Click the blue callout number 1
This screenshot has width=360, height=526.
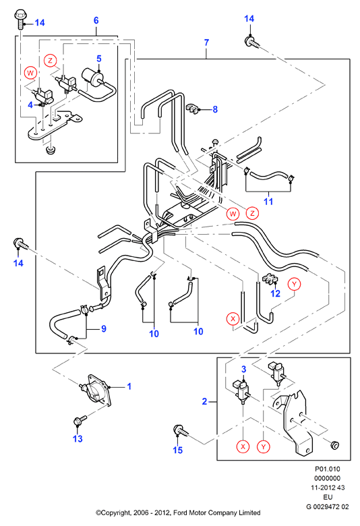pyautogui.click(x=129, y=386)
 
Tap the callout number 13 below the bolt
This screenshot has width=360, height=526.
pyautogui.click(x=78, y=438)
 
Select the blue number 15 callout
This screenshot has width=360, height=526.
pyautogui.click(x=178, y=450)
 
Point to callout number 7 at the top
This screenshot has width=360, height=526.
pyautogui.click(x=206, y=42)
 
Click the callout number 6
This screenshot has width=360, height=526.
pyautogui.click(x=96, y=20)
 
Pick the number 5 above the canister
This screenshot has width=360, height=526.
pyautogui.click(x=99, y=59)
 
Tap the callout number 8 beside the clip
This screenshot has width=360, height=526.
pyautogui.click(x=215, y=109)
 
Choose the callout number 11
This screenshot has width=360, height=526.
pyautogui.click(x=268, y=202)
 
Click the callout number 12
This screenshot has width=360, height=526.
pyautogui.click(x=276, y=293)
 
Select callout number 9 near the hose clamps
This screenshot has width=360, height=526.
pyautogui.click(x=104, y=329)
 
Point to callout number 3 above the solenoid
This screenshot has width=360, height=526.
pyautogui.click(x=244, y=369)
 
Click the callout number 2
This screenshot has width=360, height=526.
pyautogui.click(x=205, y=401)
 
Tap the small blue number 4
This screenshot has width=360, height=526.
pyautogui.click(x=30, y=105)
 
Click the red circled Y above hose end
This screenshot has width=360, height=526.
pyautogui.click(x=294, y=285)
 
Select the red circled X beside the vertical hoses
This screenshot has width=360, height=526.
pyautogui.click(x=233, y=319)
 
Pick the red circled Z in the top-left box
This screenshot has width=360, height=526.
pyautogui.click(x=51, y=61)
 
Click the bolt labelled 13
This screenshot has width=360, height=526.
pyautogui.click(x=80, y=419)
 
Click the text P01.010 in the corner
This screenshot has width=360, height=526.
pyautogui.click(x=328, y=469)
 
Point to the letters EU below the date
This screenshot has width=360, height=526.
pyautogui.click(x=328, y=497)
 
